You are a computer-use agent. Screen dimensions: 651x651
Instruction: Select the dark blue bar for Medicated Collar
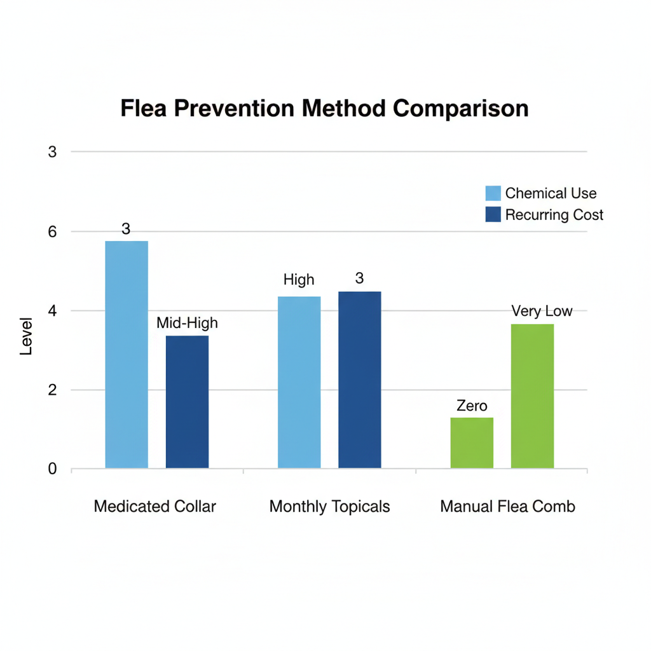pos(187,402)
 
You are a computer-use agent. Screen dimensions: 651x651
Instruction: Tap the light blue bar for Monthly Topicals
pos(299,382)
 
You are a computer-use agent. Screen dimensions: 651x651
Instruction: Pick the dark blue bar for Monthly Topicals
pos(359,380)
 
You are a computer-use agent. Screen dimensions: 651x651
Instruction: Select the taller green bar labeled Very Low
pos(532,396)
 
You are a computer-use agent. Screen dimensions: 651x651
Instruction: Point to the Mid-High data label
pos(187,323)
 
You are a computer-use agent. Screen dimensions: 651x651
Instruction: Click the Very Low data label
pos(542,311)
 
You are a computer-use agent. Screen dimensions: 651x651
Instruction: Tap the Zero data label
pos(472,406)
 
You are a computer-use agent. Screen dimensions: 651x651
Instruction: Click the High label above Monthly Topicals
pos(299,280)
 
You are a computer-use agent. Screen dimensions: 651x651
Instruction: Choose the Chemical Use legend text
pos(551,193)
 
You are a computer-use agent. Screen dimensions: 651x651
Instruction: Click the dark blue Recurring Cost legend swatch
pos(493,214)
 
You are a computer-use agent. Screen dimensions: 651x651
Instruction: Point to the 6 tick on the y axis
pos(52,232)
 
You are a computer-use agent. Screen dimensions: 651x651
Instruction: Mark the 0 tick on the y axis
pos(52,469)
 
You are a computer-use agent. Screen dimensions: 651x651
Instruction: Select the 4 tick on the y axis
pos(52,311)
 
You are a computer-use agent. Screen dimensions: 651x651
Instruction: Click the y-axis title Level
pos(26,336)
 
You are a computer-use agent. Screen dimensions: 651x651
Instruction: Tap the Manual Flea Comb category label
pos(507,507)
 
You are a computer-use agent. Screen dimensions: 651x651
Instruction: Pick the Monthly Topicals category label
pos(329,507)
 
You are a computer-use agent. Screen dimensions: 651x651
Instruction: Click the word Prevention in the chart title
pos(233,109)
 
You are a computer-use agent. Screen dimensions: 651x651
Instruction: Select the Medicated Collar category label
pos(154,507)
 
